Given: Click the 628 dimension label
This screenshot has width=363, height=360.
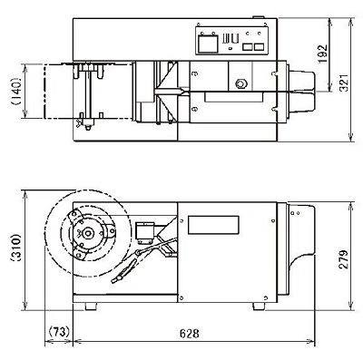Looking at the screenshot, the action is (190, 334).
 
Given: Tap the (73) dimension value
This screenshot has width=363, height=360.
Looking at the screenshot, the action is (59, 332).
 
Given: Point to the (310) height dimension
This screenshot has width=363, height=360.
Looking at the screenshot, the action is (15, 248).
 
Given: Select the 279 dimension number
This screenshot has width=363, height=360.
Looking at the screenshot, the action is (343, 259).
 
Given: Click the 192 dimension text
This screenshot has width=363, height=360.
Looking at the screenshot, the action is (323, 54).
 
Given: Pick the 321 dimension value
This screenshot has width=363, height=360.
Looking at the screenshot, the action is (344, 83).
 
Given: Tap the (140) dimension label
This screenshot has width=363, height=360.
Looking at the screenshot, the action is (15, 92).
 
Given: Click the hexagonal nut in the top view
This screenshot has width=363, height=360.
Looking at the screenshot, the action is (240, 83).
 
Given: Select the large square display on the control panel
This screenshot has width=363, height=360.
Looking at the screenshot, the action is (208, 44).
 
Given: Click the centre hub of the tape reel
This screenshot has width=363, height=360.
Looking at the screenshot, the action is (88, 233).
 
